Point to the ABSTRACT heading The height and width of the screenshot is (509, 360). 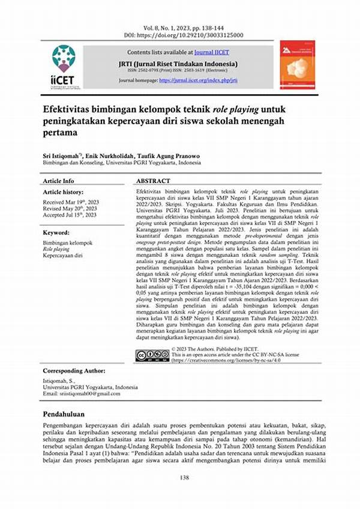click(x=153, y=181)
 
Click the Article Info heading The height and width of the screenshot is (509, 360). click(x=59, y=181)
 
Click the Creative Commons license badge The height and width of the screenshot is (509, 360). click(x=152, y=355)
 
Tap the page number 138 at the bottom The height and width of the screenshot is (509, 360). click(x=180, y=477)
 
